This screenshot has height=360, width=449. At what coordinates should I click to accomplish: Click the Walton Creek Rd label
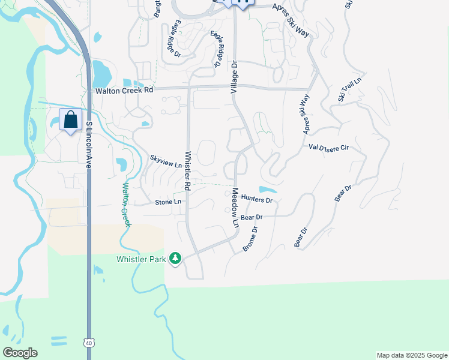pyautogui.click(x=124, y=91)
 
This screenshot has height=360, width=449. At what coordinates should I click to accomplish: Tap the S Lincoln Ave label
pyautogui.click(x=88, y=145)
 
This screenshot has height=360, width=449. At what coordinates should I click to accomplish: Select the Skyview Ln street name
pyautogui.click(x=166, y=161)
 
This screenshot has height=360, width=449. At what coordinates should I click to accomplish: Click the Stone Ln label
pyautogui.click(x=168, y=202)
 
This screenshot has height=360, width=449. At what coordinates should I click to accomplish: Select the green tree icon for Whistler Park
pyautogui.click(x=175, y=259)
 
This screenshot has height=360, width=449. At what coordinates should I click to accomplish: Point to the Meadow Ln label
pyautogui.click(x=236, y=208)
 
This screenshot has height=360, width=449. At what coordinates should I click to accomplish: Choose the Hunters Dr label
pyautogui.click(x=256, y=198)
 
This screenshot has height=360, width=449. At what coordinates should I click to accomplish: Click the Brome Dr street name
pyautogui.click(x=250, y=239)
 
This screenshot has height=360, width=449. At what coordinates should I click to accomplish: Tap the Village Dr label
pyautogui.click(x=235, y=76)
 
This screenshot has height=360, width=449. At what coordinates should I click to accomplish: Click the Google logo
pyautogui.click(x=20, y=353)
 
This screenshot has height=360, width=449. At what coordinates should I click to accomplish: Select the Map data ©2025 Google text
pyautogui.click(x=411, y=355)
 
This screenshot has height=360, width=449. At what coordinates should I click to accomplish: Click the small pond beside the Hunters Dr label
pyautogui.click(x=267, y=189)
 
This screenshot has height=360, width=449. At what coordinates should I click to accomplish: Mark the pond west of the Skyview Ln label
pyautogui.click(x=121, y=164)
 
